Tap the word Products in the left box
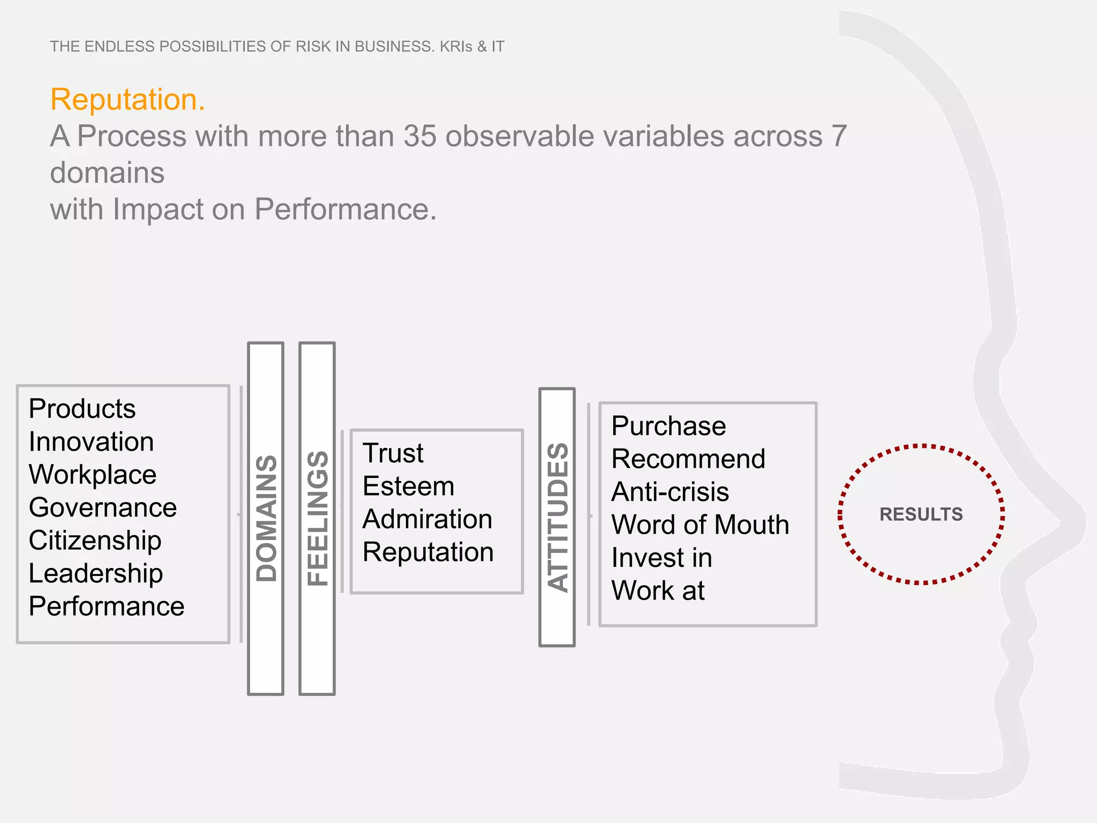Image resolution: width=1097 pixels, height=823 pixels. [82, 409]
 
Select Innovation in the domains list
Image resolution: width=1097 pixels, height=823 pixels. [91, 442]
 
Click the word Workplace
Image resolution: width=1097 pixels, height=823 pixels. [92, 475]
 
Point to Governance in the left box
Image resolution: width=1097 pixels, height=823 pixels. [102, 507]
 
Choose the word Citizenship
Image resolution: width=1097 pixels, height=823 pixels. [95, 541]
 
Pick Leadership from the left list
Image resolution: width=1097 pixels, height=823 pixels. [95, 573]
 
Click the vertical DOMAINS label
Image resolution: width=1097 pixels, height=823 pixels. [266, 518]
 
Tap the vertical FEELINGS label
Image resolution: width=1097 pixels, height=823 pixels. [318, 518]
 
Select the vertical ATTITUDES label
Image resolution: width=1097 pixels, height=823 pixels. [558, 517]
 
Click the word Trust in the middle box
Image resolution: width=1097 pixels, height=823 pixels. [393, 453]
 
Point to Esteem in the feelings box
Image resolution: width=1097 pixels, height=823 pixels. [408, 487]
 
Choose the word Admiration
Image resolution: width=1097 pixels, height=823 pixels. [427, 519]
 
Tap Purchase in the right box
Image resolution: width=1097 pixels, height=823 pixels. [668, 427]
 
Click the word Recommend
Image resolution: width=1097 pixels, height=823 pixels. [688, 459]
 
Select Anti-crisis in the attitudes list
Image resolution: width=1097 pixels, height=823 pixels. [670, 492]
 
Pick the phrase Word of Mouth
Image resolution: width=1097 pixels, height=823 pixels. [700, 525]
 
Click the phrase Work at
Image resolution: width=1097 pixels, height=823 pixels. [658, 590]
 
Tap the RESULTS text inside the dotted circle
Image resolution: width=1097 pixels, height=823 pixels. [921, 514]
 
